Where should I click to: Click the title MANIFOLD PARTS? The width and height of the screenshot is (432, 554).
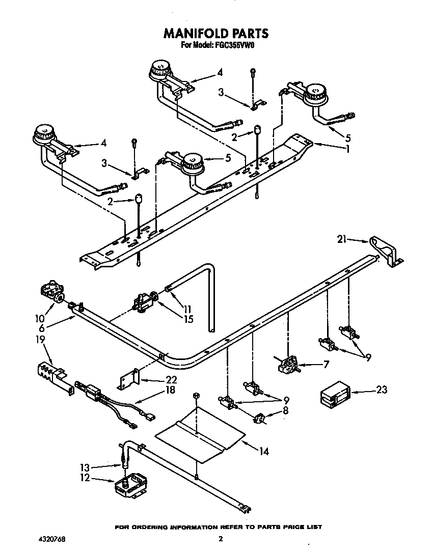(215, 34)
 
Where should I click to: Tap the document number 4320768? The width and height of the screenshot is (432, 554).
(51, 538)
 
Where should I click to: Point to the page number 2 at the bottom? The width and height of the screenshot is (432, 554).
(221, 539)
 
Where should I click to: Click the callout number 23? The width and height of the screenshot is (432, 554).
(381, 390)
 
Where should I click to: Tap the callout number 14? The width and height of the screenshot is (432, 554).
(264, 451)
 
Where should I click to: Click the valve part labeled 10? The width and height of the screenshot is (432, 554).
(51, 294)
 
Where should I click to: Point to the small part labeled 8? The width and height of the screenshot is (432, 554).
(261, 418)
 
